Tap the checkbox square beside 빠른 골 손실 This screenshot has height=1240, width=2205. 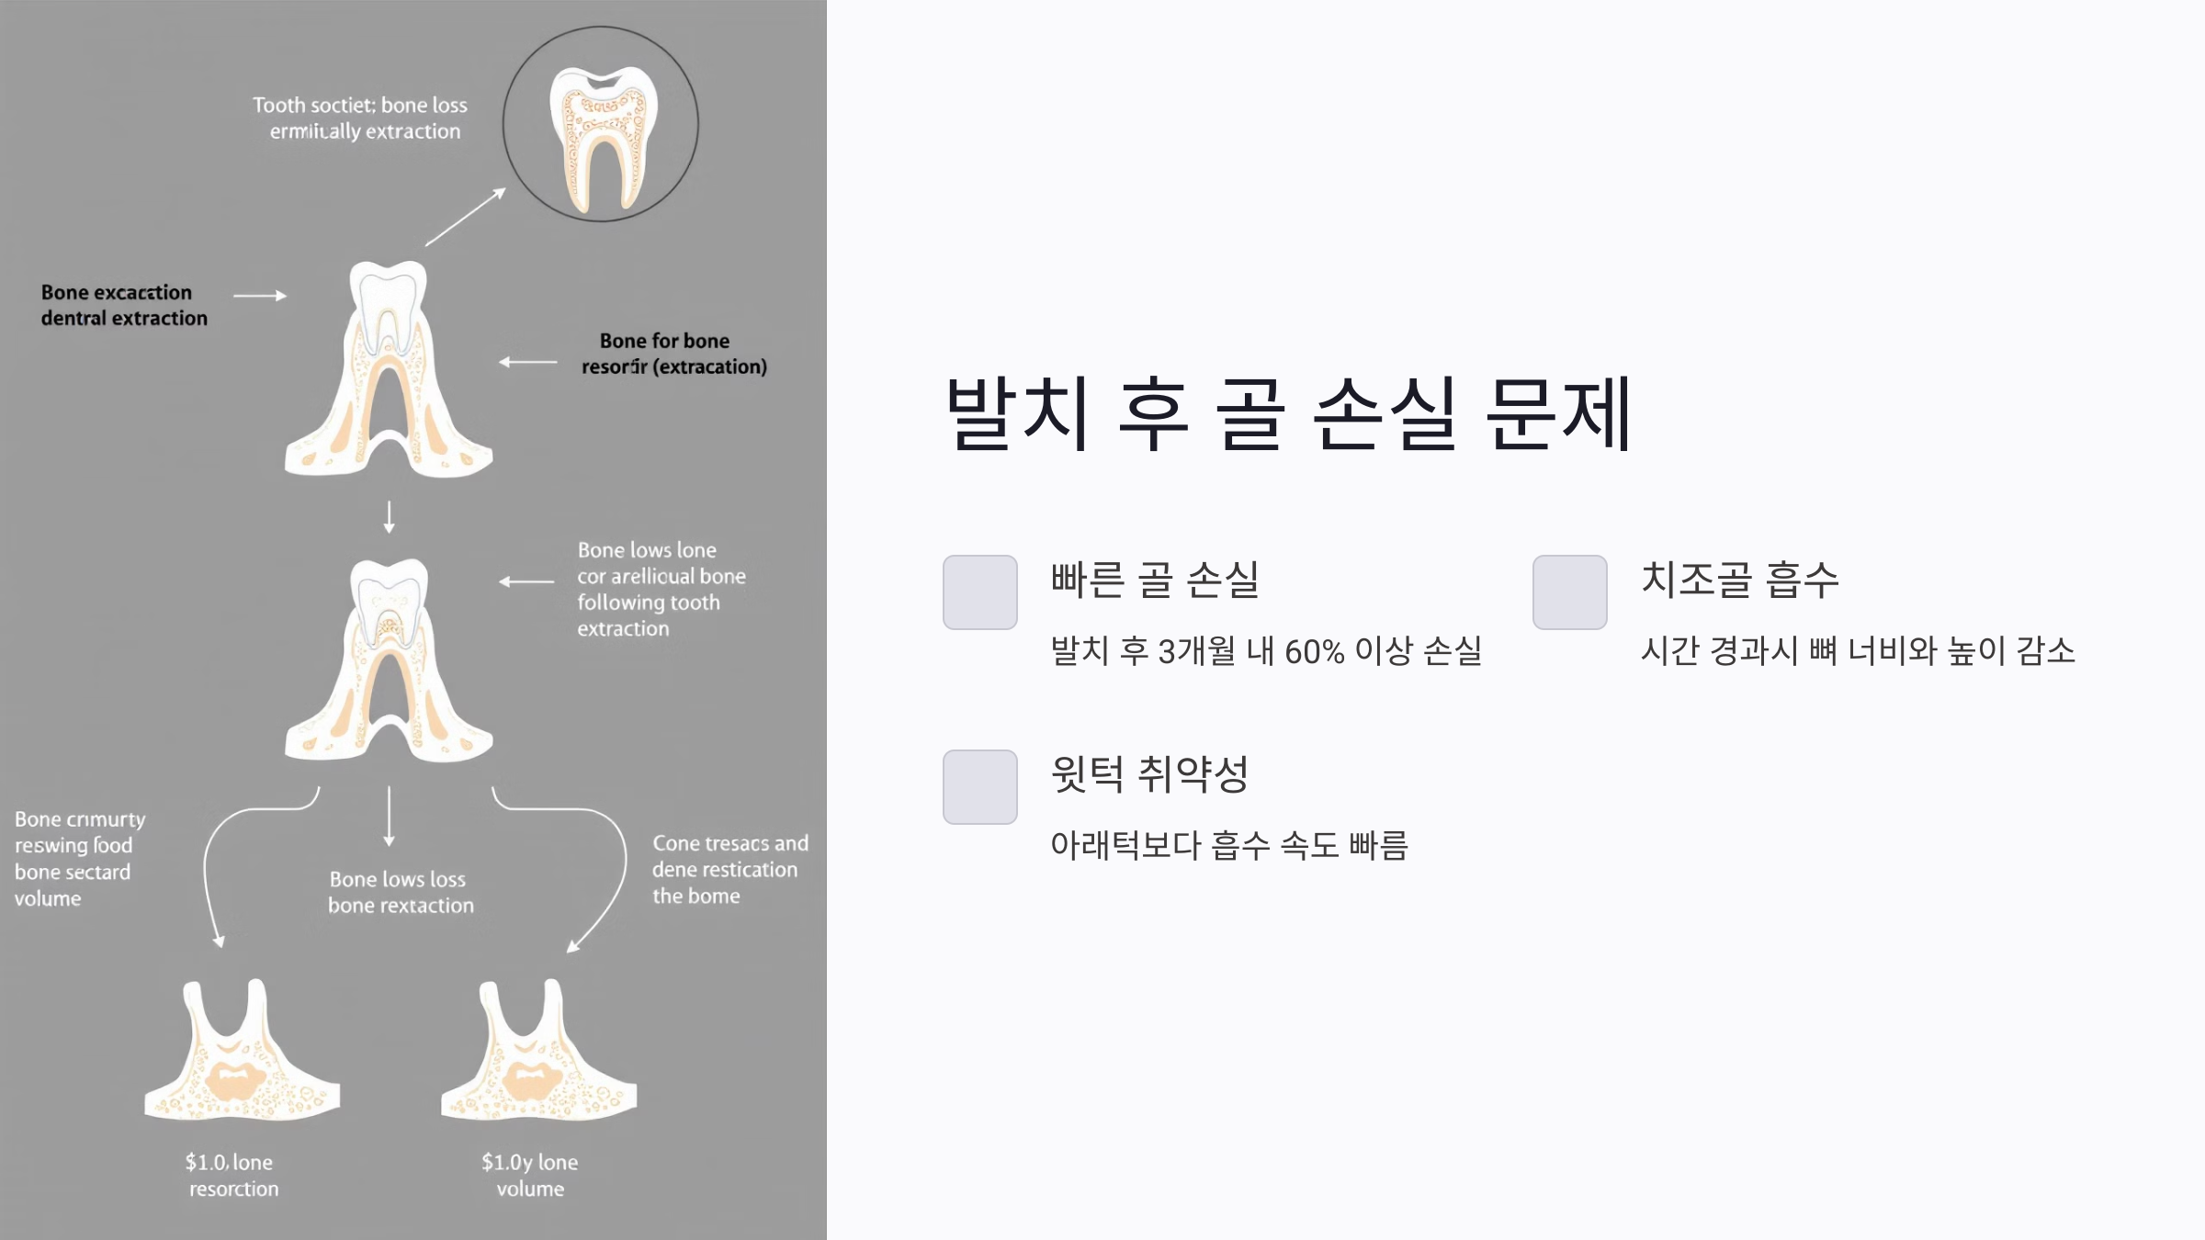[x=979, y=592]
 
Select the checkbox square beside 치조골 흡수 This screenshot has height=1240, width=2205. [x=1569, y=592]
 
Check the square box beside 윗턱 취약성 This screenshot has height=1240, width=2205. [x=979, y=787]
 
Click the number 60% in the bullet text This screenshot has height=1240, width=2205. [x=1314, y=652]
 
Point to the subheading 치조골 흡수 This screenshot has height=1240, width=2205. [x=1739, y=580]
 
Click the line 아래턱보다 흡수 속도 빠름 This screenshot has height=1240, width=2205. [x=1228, y=845]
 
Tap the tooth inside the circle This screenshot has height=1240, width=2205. [x=603, y=138]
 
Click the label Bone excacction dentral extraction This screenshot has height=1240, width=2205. [x=124, y=305]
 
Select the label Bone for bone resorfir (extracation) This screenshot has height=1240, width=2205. [x=673, y=354]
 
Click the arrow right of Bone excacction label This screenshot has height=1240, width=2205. [x=260, y=296]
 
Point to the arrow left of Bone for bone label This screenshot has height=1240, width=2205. [x=528, y=363]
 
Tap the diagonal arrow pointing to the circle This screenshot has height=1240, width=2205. [x=466, y=217]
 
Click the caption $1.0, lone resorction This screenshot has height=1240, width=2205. [x=232, y=1176]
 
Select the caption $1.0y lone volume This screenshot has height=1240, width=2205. [x=530, y=1176]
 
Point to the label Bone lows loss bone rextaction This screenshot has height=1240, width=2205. [x=401, y=892]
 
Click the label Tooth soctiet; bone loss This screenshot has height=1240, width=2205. [x=361, y=118]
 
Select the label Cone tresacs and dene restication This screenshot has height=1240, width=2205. [x=729, y=869]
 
